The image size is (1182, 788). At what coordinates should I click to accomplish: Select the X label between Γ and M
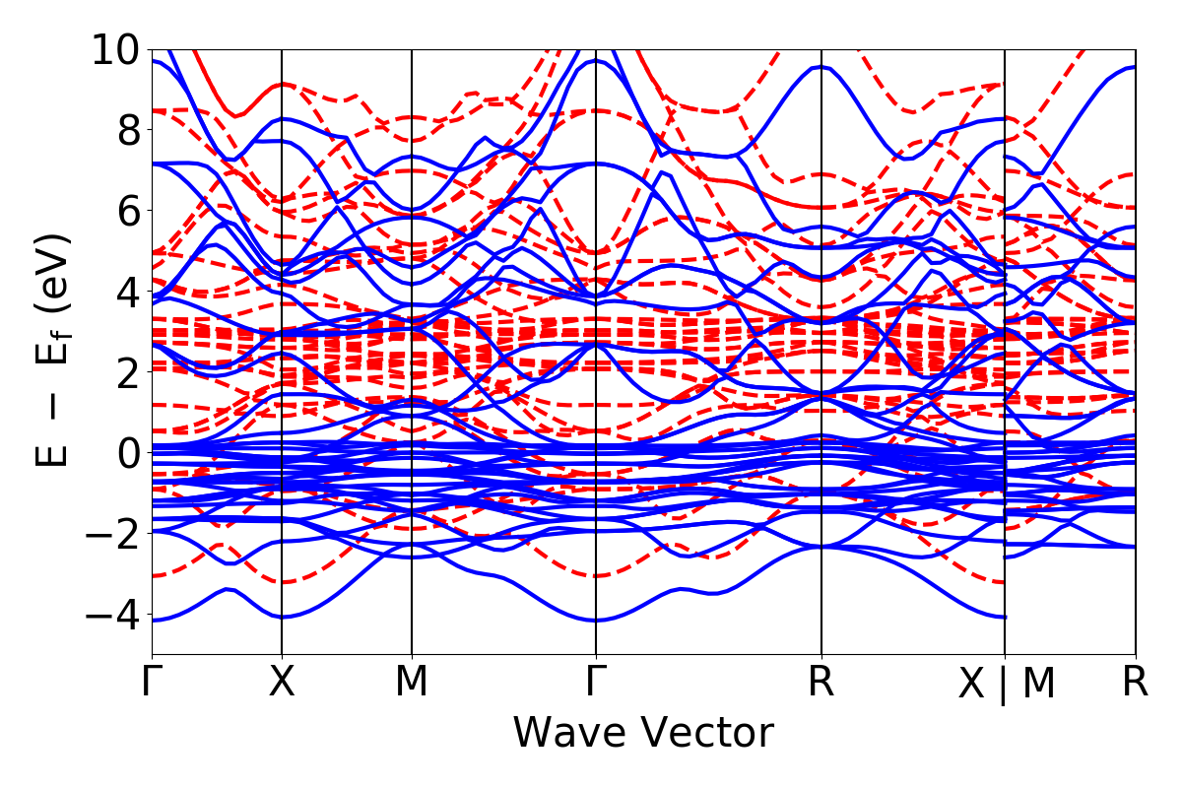[x=282, y=683]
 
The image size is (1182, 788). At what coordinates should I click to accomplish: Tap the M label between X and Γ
[x=412, y=683]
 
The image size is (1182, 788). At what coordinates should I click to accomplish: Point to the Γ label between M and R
[x=596, y=683]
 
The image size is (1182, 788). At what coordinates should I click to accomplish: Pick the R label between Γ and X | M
[x=821, y=683]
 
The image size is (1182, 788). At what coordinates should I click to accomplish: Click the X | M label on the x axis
[x=1007, y=685]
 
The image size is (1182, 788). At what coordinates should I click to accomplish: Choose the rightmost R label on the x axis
[x=1136, y=683]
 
